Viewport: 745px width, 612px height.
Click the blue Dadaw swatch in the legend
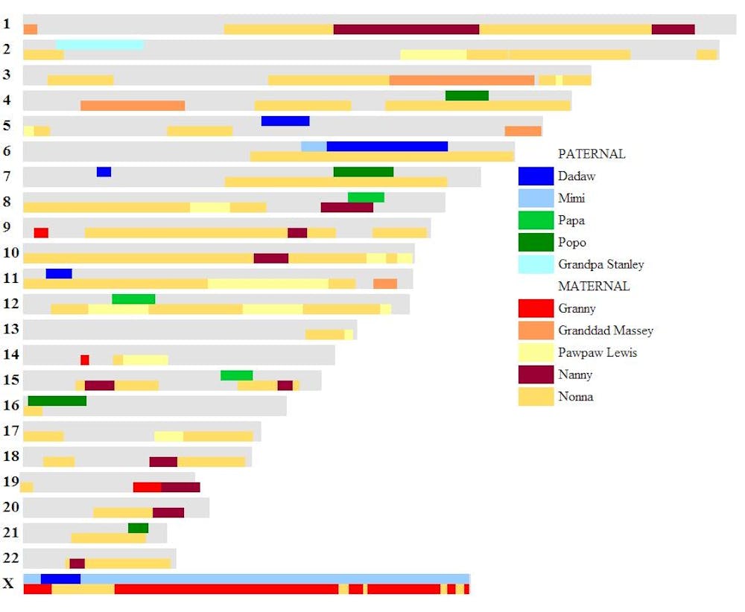point(536,176)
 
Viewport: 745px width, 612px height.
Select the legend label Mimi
point(571,198)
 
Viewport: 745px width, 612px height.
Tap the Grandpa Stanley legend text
point(600,264)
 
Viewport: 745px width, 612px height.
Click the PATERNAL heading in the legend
point(592,154)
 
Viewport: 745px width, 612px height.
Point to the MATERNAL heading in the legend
point(594,286)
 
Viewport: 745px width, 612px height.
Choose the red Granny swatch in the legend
point(536,308)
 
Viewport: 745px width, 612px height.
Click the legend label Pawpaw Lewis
point(597,352)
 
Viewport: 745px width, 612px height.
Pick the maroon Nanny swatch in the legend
point(536,374)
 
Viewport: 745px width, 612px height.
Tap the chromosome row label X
point(8,584)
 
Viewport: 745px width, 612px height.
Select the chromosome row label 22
point(10,558)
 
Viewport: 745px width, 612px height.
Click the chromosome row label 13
point(10,329)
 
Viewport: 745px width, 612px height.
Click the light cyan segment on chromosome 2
point(99,45)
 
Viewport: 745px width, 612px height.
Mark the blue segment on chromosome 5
point(285,121)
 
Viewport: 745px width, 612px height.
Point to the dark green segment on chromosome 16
point(57,401)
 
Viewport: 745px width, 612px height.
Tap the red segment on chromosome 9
point(41,233)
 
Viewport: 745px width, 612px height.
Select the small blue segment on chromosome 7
point(104,172)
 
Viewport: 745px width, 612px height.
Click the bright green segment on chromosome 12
point(133,299)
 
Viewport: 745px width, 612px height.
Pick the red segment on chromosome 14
point(85,360)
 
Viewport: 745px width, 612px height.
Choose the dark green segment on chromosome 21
point(138,528)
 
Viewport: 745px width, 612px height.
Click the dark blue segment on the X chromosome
point(60,578)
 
